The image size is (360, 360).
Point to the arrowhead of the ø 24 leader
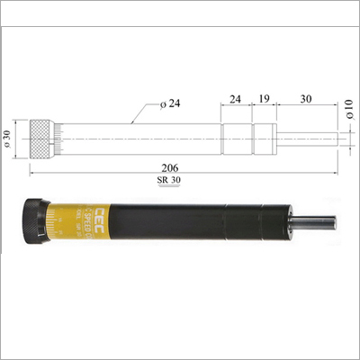click(132, 120)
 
